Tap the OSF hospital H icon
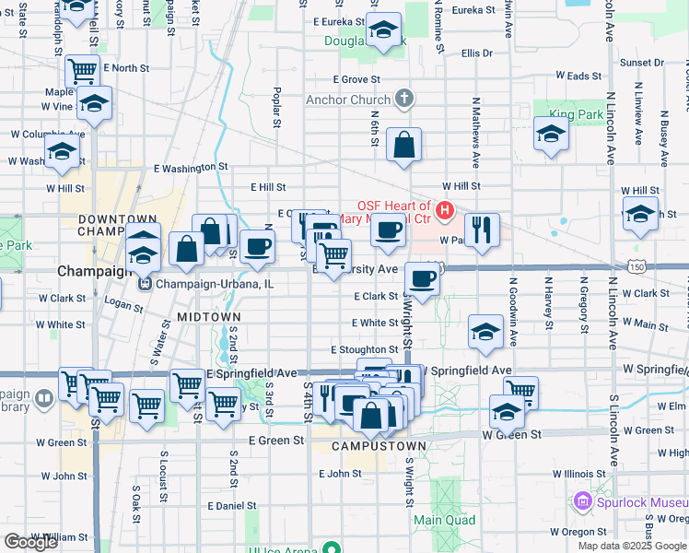(445, 211)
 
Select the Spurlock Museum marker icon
(581, 502)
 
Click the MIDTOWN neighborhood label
(208, 316)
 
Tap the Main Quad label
(444, 520)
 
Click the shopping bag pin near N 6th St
(403, 146)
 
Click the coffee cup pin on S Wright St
(422, 278)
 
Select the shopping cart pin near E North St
(83, 70)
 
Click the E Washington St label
(191, 168)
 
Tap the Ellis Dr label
(477, 53)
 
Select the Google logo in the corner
(30, 542)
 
